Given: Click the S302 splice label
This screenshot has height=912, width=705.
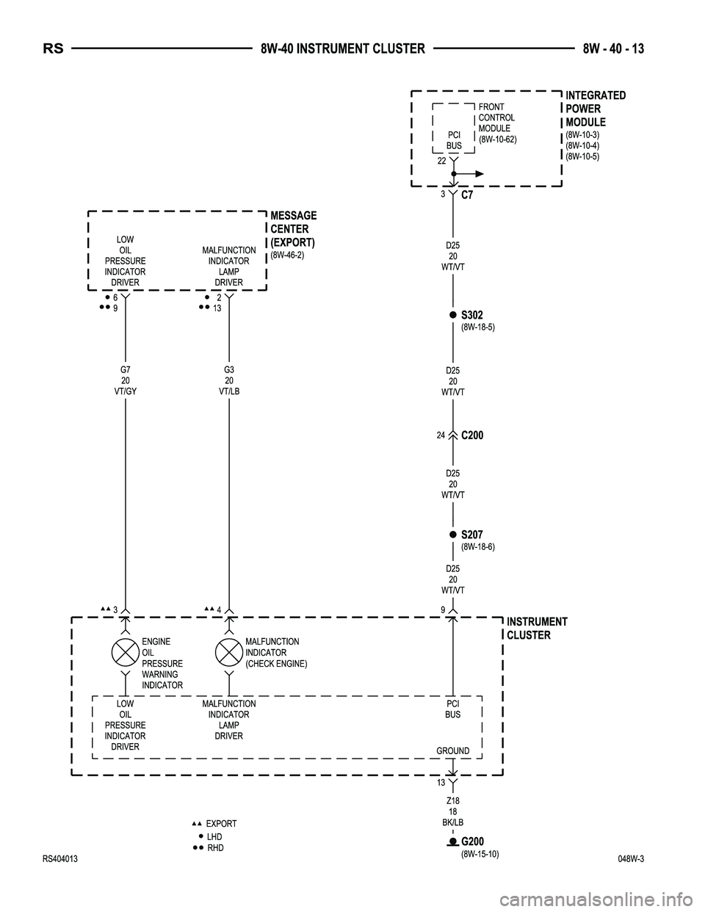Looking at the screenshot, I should pos(471,315).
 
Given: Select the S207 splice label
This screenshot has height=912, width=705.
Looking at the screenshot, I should pos(471,535).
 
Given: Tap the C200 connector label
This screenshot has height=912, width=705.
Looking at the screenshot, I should pos(472,435).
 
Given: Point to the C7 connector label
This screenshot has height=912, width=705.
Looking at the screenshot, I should pos(467,195).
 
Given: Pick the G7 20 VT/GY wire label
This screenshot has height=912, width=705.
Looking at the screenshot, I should pos(126,380).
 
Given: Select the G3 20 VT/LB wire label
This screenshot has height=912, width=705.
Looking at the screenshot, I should pos(229,380).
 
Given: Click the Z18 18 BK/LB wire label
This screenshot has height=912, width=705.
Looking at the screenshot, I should pos(452,811).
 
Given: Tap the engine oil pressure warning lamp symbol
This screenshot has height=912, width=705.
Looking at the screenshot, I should pos(126,651).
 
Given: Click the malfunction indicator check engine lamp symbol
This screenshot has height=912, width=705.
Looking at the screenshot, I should pos(229,651).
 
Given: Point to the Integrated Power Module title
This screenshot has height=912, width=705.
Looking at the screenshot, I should pos(595,109).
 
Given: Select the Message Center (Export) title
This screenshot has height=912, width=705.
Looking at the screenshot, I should pos(293,228).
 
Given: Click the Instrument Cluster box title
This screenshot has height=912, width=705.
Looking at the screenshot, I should pos(537,629).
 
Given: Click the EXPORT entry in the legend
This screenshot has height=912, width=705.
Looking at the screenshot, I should pos(221,824).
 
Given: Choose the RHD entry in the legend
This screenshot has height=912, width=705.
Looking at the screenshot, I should pos(215,848).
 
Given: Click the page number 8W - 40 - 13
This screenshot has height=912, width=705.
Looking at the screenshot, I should pos(613,49).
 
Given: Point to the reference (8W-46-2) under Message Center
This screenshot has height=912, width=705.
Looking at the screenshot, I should pos(287,255).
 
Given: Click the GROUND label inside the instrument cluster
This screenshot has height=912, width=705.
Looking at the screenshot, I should pos(452,750).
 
